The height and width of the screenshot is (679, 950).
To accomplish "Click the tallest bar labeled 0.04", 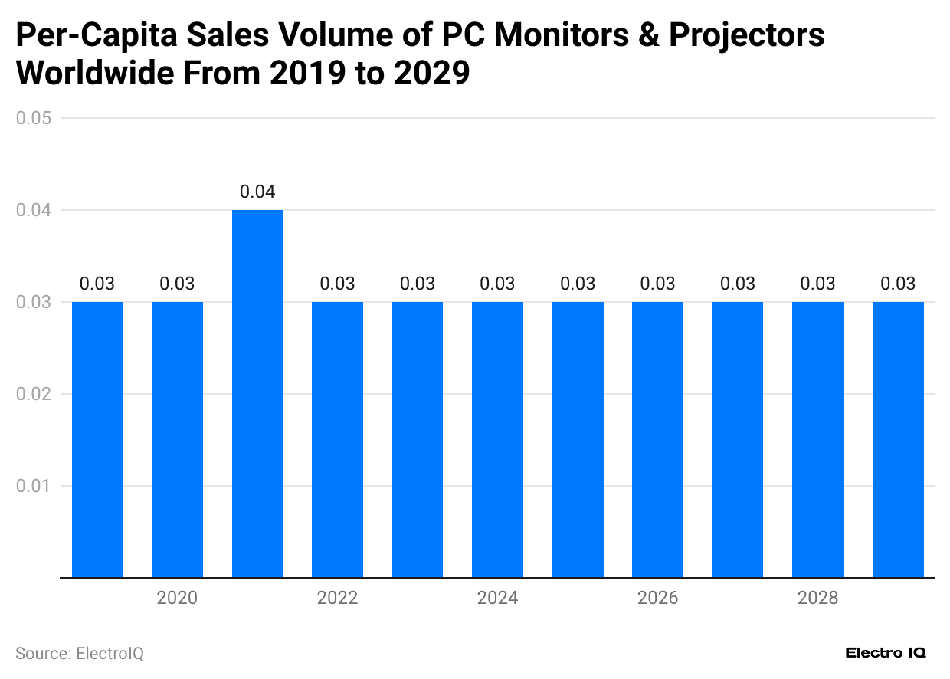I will click(257, 393).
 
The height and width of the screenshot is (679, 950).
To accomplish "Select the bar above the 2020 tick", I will click(177, 439).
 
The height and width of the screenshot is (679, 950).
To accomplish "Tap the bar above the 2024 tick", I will click(497, 439).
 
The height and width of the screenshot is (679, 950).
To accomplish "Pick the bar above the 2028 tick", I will click(817, 439).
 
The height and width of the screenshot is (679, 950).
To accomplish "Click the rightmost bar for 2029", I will click(898, 439).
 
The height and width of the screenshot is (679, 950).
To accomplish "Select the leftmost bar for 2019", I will click(97, 439).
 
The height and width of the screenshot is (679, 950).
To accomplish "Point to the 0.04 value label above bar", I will click(257, 192).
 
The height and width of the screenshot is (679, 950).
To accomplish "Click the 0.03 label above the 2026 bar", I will click(657, 284).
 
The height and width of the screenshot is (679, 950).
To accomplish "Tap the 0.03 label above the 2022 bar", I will click(337, 284).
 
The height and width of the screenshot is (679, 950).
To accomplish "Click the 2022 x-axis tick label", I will click(337, 598).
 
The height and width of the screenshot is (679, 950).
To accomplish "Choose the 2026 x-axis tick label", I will click(657, 598).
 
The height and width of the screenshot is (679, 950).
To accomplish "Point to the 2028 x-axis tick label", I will click(817, 598).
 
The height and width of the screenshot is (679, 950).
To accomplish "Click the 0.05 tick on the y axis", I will click(34, 118).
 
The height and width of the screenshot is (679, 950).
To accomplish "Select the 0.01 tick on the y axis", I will click(34, 486).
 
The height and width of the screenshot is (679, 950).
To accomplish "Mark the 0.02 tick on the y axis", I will click(34, 394).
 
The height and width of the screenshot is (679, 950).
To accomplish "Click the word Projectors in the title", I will click(747, 36).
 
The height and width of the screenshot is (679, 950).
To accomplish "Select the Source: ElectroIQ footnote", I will click(80, 654).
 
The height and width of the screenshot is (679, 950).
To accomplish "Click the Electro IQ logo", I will click(886, 653).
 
